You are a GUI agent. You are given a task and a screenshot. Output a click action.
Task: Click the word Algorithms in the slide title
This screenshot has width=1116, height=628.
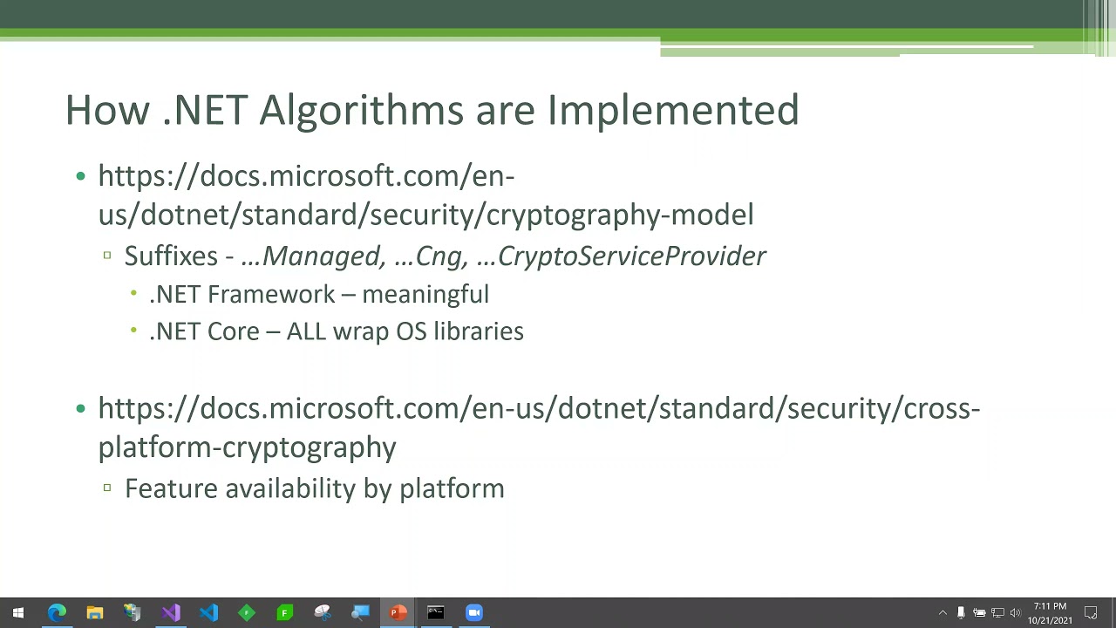pos(362,111)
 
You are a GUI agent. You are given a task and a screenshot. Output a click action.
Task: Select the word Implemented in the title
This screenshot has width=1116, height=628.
pos(672,111)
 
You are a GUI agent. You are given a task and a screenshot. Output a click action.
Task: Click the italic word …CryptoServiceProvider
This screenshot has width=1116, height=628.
pos(621,256)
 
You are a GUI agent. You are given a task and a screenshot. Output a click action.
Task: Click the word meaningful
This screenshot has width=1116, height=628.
pos(425,295)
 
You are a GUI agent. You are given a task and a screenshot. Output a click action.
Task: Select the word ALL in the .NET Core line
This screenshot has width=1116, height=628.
pos(306,331)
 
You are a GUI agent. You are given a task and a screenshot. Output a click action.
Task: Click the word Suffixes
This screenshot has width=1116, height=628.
pos(171,256)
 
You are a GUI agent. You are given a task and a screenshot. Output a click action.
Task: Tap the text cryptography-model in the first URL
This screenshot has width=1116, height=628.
pos(620,215)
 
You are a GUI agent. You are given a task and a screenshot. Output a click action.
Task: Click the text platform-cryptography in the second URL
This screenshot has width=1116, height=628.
pos(247,447)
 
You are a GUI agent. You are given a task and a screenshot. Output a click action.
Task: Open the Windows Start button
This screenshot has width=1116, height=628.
pos(18,613)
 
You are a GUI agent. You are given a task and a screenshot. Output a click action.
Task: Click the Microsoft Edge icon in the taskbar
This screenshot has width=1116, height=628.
pos(57,613)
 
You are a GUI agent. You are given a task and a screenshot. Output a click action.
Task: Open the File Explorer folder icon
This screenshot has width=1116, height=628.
pos(94,613)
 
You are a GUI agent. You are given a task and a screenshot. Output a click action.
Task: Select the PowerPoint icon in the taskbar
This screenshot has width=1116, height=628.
pos(398,613)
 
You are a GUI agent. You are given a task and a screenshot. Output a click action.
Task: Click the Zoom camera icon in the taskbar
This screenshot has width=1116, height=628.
pos(473,613)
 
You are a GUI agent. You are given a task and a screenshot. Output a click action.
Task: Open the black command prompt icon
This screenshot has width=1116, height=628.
pos(436,613)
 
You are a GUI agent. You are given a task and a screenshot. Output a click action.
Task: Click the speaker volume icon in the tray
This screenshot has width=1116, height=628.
pos(1015,613)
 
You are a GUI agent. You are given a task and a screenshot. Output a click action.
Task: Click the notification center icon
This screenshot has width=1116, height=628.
pos(1091,613)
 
